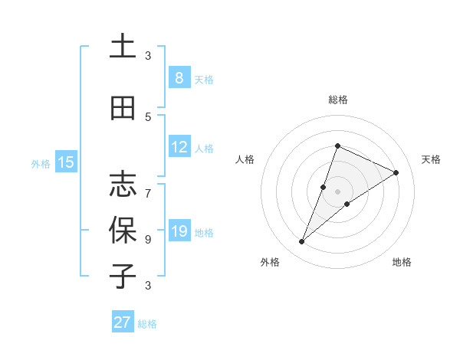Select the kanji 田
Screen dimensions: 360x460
tap(123, 109)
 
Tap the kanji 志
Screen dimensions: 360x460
tap(123, 184)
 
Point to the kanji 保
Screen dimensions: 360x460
tap(123, 230)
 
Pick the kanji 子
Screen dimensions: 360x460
tap(123, 276)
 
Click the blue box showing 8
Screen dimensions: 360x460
tap(179, 77)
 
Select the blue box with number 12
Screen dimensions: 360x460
tap(179, 147)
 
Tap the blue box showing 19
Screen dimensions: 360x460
tap(179, 231)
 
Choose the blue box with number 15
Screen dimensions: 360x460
tap(66, 162)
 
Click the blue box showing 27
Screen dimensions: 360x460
tap(123, 322)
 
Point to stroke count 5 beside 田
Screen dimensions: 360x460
tap(148, 116)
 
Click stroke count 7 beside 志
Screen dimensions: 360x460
tap(148, 186)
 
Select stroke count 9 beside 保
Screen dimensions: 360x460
tap(148, 239)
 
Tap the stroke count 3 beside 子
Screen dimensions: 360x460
tap(148, 286)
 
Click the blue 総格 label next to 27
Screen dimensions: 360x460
tap(147, 324)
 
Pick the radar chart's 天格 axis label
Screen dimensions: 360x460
tap(431, 159)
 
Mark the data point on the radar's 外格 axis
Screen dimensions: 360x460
tap(302, 242)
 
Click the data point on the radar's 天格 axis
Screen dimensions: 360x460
tap(396, 172)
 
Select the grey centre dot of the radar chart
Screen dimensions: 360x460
tap(338, 191)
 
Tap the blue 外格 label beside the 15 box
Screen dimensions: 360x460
tap(41, 163)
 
